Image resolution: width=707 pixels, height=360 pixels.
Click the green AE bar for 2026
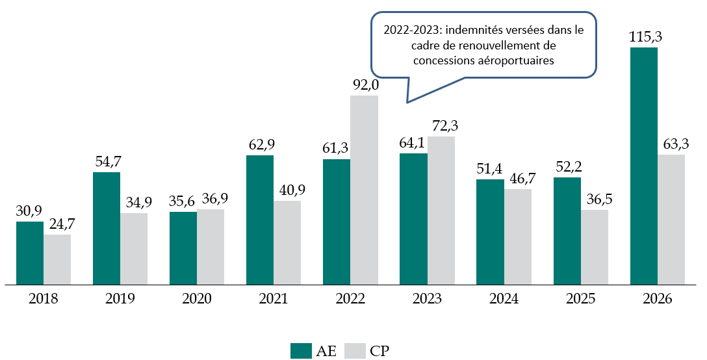point(644,166)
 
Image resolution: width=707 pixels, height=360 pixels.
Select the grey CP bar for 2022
point(364,190)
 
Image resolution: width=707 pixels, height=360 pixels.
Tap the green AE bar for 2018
point(30,253)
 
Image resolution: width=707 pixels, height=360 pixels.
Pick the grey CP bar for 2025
point(594,247)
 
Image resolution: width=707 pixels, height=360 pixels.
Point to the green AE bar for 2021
point(260,220)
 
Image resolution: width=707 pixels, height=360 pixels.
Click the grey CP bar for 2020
point(211,247)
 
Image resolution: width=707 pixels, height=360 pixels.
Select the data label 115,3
point(645,37)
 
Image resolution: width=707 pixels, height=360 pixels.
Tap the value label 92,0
point(365,84)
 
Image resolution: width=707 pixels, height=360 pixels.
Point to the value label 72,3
point(442,125)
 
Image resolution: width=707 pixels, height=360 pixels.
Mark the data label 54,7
point(107,161)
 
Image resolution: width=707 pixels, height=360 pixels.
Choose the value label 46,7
point(519,178)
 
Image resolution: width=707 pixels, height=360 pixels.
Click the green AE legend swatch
point(301,351)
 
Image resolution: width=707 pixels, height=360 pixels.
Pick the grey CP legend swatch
point(354,351)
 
